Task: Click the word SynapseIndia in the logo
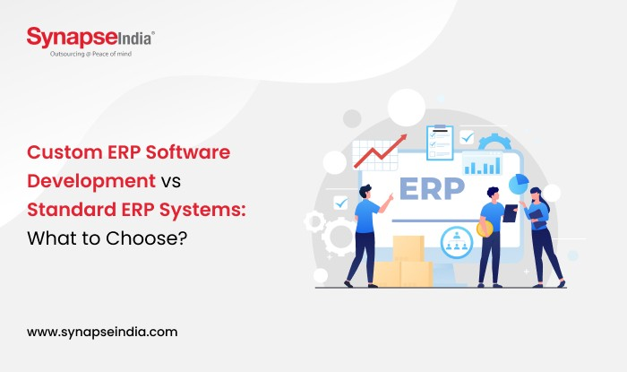click(x=90, y=38)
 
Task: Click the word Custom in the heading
click(x=65, y=152)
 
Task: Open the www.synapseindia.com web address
click(x=101, y=331)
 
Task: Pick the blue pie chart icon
click(x=519, y=184)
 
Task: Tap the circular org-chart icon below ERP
click(x=456, y=238)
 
